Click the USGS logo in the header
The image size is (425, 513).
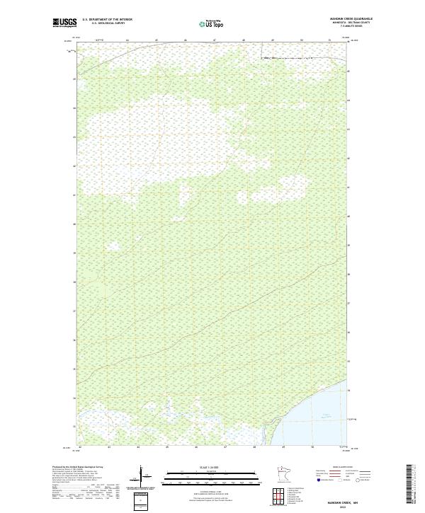[x=64, y=23]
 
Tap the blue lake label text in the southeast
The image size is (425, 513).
[x=327, y=415]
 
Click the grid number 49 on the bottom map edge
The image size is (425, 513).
[x=283, y=447]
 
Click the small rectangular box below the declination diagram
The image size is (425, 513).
[x=142, y=499]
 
